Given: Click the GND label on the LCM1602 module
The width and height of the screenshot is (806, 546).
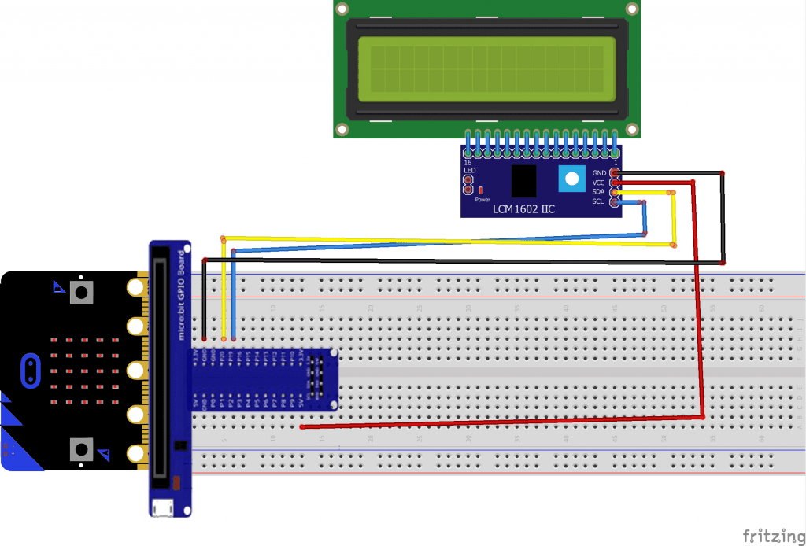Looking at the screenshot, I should pyautogui.click(x=599, y=172).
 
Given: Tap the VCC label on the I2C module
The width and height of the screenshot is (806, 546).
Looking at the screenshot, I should pyautogui.click(x=599, y=183).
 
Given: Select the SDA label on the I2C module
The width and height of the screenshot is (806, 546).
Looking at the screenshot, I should pyautogui.click(x=599, y=192).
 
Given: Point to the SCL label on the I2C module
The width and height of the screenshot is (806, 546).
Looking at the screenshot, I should pyautogui.click(x=599, y=201).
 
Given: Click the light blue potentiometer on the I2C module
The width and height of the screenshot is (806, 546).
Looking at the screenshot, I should pyautogui.click(x=571, y=180).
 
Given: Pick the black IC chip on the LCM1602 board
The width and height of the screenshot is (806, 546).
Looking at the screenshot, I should pyautogui.click(x=523, y=181).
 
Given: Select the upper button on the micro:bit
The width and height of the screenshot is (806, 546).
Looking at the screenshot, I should pyautogui.click(x=80, y=293).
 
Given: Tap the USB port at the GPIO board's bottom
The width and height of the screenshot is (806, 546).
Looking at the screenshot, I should pyautogui.click(x=165, y=508).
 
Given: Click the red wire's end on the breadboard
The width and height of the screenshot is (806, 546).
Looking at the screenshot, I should pyautogui.click(x=303, y=427).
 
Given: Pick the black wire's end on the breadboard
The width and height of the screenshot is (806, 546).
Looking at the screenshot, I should pyautogui.click(x=204, y=338).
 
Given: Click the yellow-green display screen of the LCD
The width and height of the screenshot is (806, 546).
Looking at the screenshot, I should pyautogui.click(x=486, y=69).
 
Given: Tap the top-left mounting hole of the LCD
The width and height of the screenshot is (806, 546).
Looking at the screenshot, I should pyautogui.click(x=342, y=9).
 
